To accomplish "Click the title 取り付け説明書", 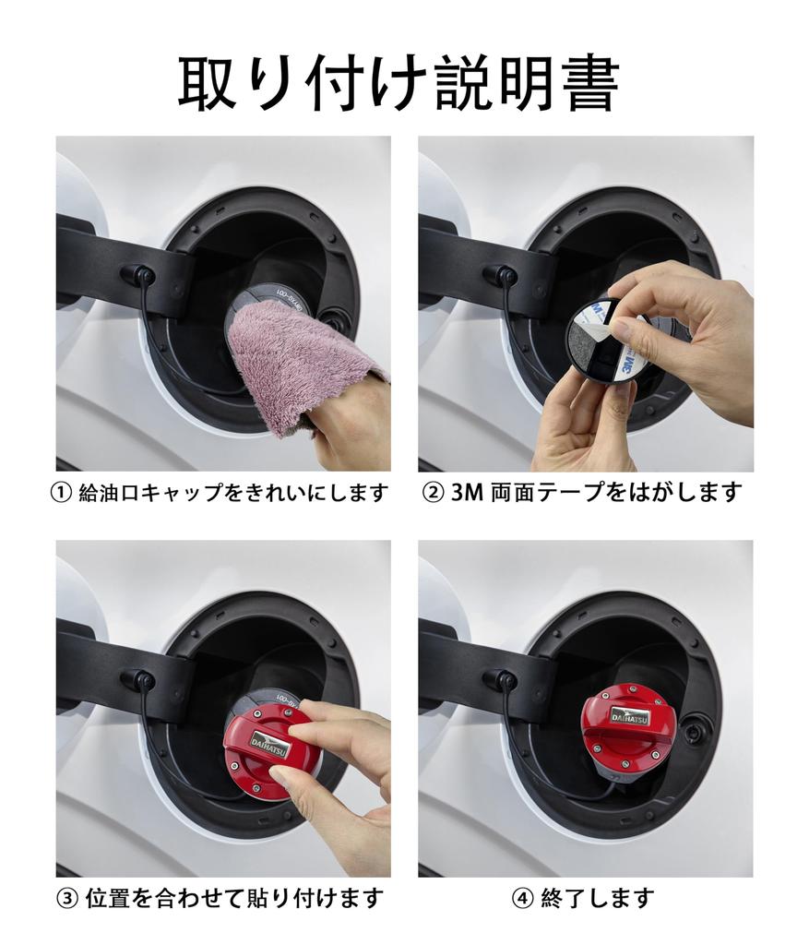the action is coord(399,82).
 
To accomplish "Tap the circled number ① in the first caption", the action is coord(62,494).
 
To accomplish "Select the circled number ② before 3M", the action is coord(434,494).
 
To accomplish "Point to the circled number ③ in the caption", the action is coord(66,899).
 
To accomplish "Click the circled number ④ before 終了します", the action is coord(522,899).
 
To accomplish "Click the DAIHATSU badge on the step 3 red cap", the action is coord(268,741).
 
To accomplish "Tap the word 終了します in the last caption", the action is coord(597,899).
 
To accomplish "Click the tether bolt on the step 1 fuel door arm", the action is coord(138,275).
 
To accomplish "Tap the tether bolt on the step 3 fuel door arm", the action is coord(138,679).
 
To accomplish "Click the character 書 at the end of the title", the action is coord(591,82).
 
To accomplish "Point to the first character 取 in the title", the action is coord(207,82).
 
